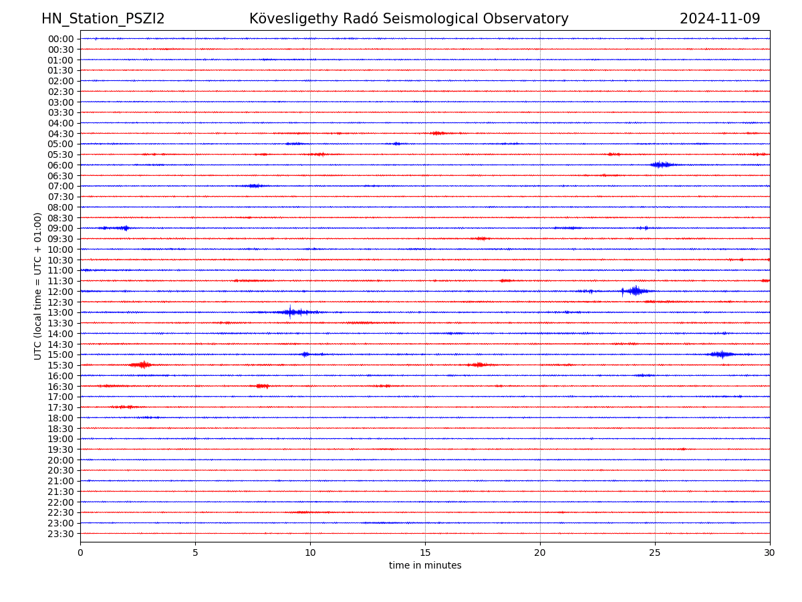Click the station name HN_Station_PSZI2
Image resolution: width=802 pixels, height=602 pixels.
coord(103,19)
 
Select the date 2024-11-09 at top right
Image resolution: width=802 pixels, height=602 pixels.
coord(720,19)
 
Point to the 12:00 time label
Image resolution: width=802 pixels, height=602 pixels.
coord(60,292)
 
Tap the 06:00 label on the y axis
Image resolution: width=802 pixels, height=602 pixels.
coord(60,165)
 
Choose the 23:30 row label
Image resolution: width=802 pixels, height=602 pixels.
coord(60,534)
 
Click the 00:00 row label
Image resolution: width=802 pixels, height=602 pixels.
coord(60,39)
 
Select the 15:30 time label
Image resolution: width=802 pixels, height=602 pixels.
coord(60,365)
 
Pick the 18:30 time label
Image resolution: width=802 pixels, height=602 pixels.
coord(60,428)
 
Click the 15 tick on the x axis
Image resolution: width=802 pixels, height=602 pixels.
coord(425,553)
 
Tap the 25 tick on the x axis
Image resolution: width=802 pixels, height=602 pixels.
coord(655,553)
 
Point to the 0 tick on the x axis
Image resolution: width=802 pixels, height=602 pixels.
coord(80,553)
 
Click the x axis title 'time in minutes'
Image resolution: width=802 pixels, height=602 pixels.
coord(425,566)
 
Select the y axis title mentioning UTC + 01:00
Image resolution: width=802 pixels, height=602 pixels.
coord(38,286)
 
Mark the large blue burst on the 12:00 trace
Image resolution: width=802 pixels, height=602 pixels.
coord(635,291)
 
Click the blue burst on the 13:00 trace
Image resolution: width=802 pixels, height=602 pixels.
coord(291,312)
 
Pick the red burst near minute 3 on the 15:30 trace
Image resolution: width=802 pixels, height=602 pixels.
coord(142,365)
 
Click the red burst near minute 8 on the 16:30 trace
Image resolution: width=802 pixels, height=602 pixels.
coord(262,386)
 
